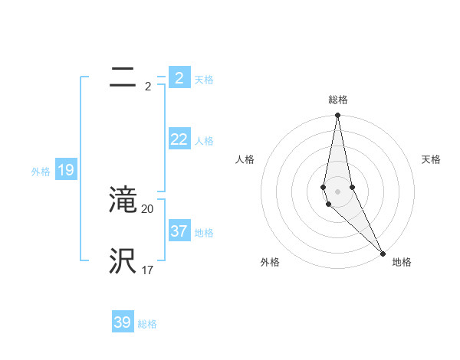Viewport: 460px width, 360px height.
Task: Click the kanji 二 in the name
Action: (x=123, y=78)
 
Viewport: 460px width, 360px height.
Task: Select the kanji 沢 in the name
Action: (x=123, y=261)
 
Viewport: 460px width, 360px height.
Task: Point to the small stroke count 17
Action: (x=148, y=270)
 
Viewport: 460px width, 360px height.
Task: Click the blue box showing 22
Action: (x=179, y=139)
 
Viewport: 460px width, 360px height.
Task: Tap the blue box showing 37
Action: (x=179, y=231)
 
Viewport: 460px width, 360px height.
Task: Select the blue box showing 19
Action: (x=66, y=170)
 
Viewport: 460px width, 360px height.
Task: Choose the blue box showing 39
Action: (x=122, y=322)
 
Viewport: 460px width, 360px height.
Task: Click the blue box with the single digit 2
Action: (x=179, y=78)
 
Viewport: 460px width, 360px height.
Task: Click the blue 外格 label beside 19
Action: (x=41, y=172)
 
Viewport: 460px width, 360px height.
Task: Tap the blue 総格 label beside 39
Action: (x=147, y=324)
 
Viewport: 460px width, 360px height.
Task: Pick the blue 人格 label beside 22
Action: (x=204, y=141)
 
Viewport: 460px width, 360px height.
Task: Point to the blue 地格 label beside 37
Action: (x=204, y=232)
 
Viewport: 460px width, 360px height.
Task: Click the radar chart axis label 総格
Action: (x=338, y=100)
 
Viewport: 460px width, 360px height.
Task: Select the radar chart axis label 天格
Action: (x=431, y=159)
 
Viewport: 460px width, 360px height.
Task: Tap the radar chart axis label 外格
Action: (x=270, y=262)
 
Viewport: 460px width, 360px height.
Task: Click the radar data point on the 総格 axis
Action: (x=338, y=116)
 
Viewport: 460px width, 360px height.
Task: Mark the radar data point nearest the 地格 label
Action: (x=383, y=253)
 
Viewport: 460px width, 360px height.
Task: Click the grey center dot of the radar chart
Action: (x=338, y=191)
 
